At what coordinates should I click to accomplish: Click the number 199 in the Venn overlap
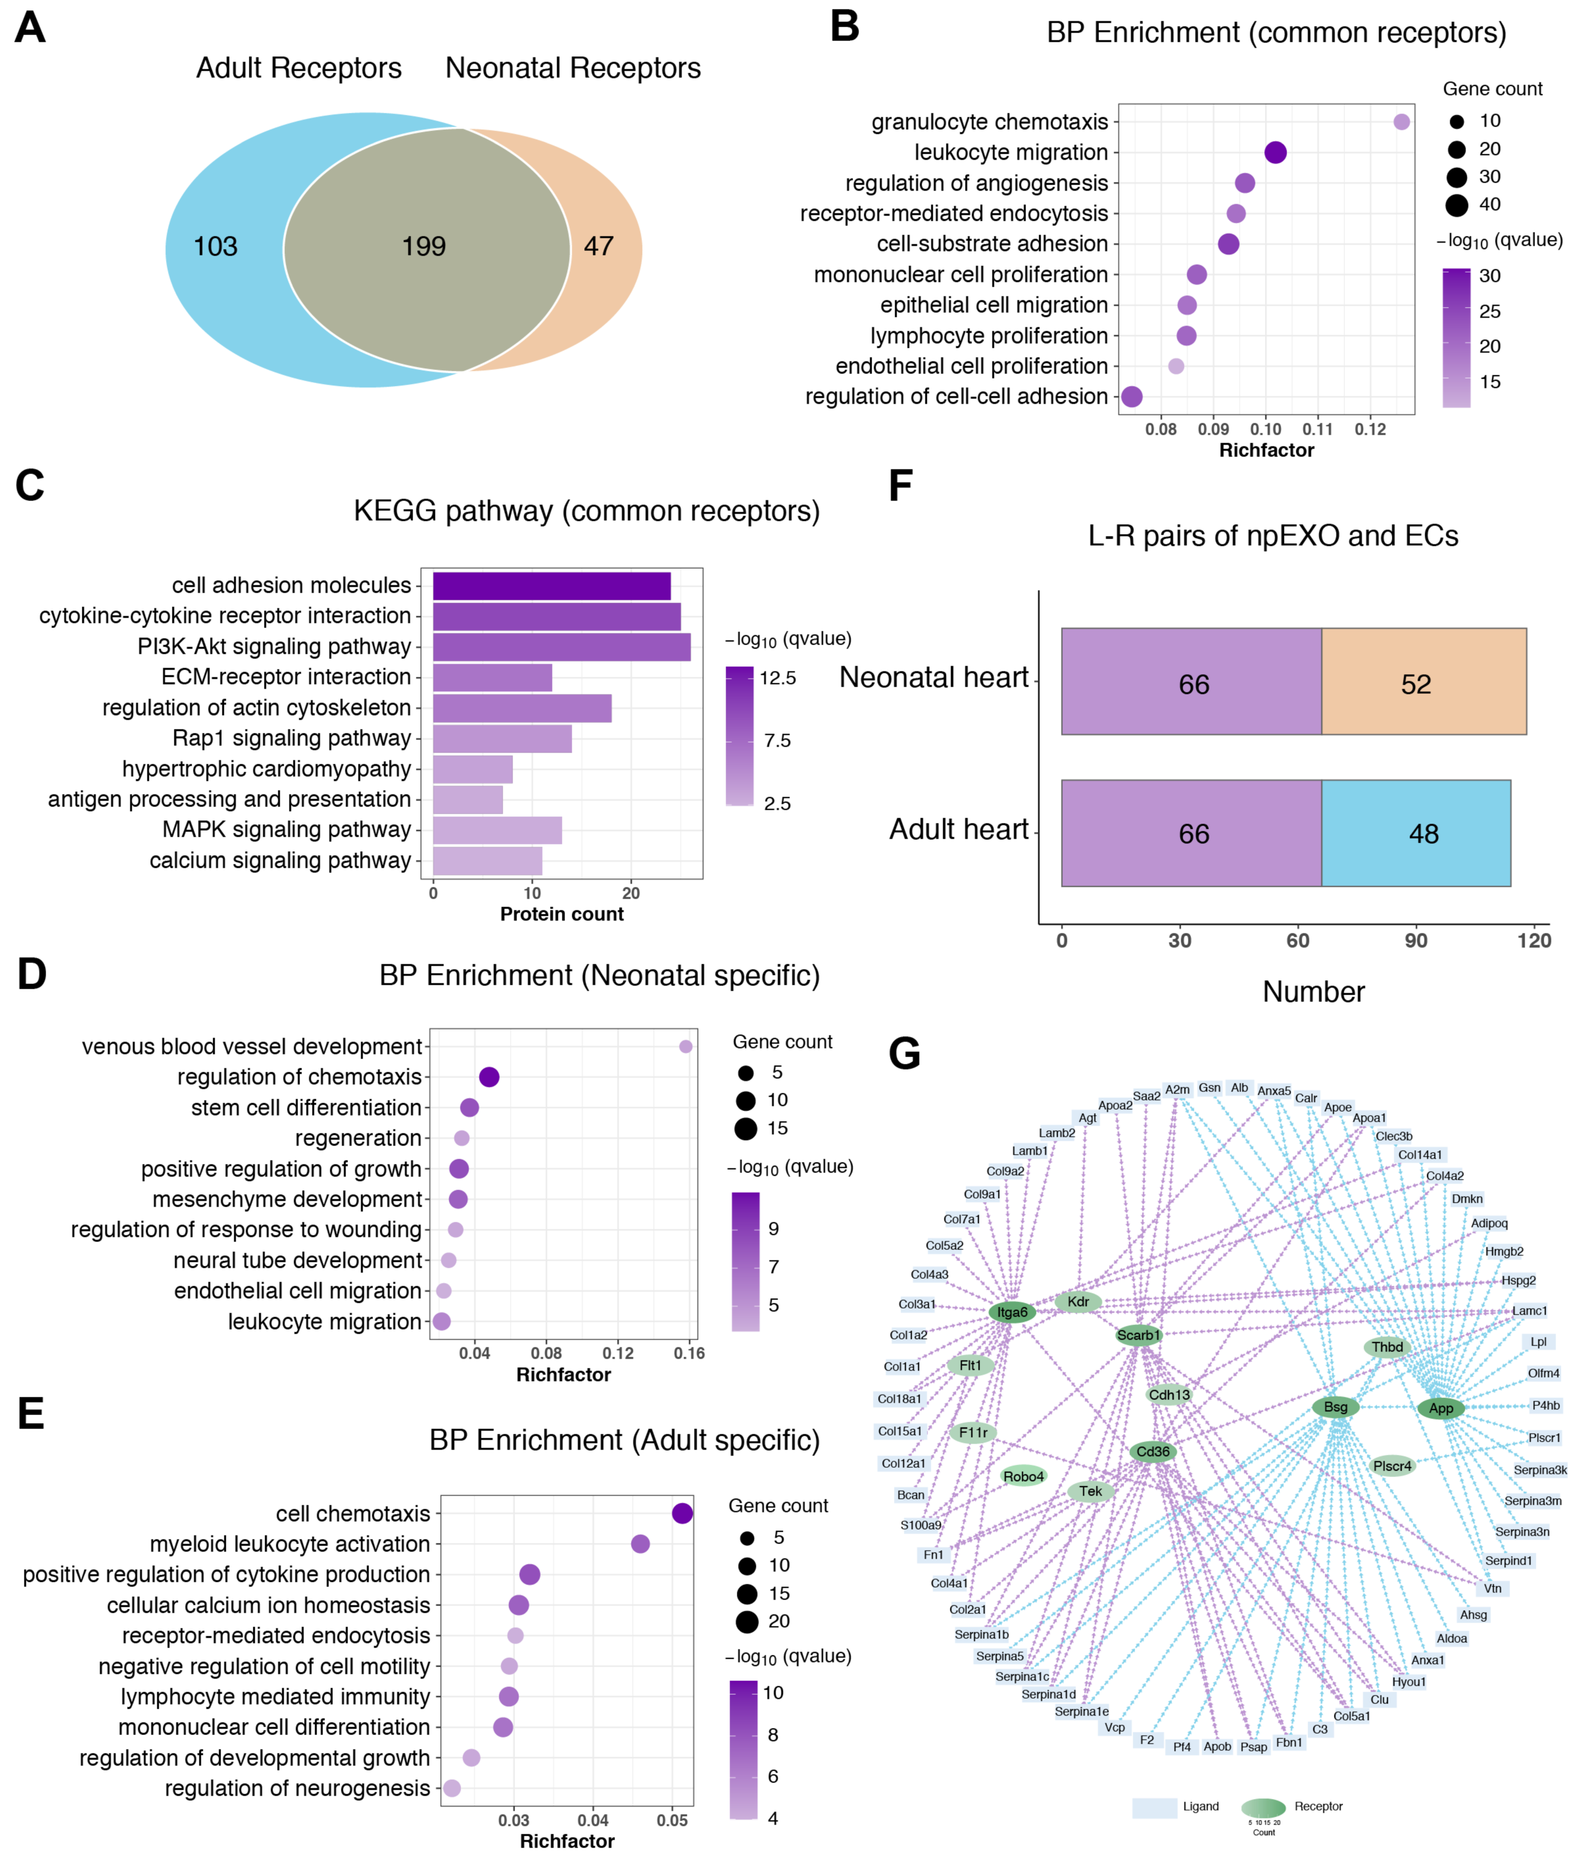[x=424, y=246]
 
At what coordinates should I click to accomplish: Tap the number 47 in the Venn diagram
[x=598, y=246]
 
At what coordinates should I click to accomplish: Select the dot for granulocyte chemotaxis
[x=1401, y=121]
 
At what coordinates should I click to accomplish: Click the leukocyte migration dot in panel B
[x=1275, y=153]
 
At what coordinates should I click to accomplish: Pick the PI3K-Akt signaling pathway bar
[x=561, y=647]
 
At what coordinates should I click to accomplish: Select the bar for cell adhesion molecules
[x=551, y=585]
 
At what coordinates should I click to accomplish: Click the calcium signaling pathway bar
[x=487, y=861]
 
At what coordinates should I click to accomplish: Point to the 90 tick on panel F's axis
[x=1416, y=941]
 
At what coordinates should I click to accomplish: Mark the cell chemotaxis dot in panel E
[x=682, y=1514]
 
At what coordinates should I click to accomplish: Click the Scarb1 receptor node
[x=1138, y=1335]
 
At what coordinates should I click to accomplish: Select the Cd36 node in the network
[x=1153, y=1451]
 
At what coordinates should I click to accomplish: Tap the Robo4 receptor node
[x=1024, y=1476]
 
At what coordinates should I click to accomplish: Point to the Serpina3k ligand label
[x=1539, y=1470]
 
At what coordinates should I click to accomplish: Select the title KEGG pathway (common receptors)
[x=587, y=511]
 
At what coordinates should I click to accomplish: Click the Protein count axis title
[x=561, y=914]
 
